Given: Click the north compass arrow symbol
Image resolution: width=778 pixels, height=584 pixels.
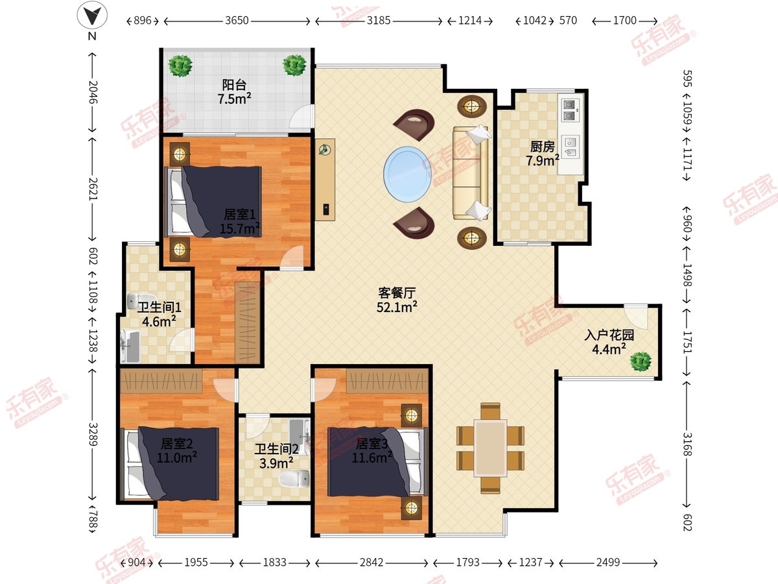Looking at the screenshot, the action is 92,16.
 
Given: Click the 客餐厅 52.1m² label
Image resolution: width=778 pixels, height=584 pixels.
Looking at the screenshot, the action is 397,300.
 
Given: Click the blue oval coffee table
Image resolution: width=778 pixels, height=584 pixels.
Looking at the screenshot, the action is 407,175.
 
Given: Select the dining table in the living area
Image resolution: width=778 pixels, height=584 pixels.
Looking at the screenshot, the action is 491,448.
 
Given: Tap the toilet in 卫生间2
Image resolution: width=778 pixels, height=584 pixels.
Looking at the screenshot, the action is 294,479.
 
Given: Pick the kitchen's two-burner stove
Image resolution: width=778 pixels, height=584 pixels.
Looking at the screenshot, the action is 570,110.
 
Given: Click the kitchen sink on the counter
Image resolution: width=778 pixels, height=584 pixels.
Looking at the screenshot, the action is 571,147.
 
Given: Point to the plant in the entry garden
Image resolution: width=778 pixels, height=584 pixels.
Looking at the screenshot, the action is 641,361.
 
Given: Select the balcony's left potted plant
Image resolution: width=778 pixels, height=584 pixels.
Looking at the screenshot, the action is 180,66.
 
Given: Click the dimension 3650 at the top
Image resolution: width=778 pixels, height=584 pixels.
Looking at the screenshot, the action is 237,21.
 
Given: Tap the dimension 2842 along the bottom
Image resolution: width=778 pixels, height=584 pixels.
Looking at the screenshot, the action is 371,563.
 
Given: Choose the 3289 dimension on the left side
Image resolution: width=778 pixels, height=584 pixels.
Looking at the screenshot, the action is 93,434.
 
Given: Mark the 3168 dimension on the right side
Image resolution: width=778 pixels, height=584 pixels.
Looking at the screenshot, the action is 687,444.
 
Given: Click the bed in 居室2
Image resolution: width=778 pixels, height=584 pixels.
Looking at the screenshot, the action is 170,463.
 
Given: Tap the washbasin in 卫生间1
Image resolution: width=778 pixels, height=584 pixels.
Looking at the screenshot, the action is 130,346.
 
